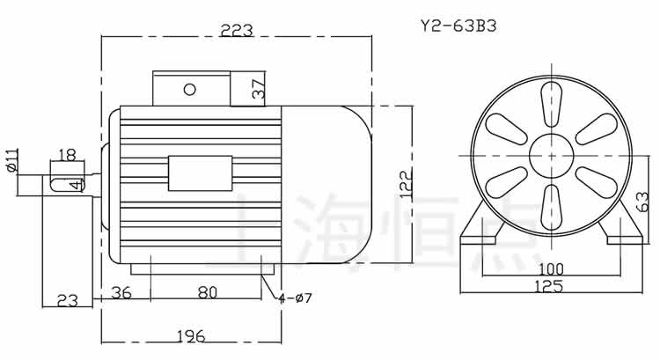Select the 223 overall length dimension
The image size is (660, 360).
[236, 30]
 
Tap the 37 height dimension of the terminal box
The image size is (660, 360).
[257, 89]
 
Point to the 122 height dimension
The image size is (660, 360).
[406, 185]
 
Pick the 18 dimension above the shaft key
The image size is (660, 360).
[66, 155]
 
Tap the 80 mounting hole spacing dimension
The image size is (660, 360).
[207, 293]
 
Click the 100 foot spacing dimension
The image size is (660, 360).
[551, 268]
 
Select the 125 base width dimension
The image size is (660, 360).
[551, 285]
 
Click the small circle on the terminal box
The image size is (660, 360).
[189, 89]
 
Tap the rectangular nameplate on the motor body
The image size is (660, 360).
[201, 172]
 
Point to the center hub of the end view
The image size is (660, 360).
[552, 157]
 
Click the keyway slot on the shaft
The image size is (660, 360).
[63, 184]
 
